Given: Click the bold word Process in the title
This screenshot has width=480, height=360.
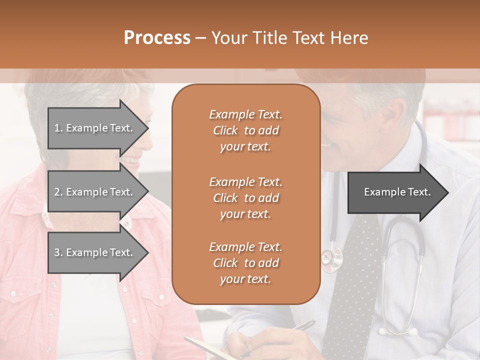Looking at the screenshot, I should [x=157, y=37].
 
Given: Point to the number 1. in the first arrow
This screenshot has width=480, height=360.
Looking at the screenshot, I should [x=58, y=128].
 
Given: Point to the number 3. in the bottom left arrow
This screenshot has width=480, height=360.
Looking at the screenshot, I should [x=58, y=252].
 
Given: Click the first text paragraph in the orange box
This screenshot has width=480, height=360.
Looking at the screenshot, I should [x=245, y=130].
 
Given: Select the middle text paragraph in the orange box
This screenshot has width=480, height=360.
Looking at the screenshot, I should [x=245, y=198].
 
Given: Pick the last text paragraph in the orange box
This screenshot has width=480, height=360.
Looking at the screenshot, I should [x=245, y=263].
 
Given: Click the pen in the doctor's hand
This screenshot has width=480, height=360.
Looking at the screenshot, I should [x=302, y=325].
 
